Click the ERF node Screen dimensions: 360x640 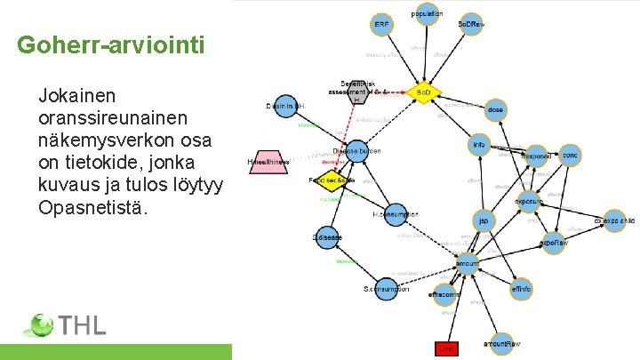point(382,24)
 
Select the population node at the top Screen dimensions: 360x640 point(428,13)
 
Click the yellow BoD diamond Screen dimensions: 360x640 point(423,92)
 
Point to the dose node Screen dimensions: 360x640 point(496,110)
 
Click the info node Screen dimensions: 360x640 point(480,145)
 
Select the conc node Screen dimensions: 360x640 point(570,156)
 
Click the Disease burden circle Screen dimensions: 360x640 point(356,151)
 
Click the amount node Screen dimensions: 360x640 point(467,264)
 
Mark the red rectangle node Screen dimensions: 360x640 point(445,349)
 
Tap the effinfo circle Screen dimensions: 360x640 point(522,289)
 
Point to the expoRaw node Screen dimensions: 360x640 point(552,242)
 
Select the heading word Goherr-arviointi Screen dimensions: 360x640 point(110,44)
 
